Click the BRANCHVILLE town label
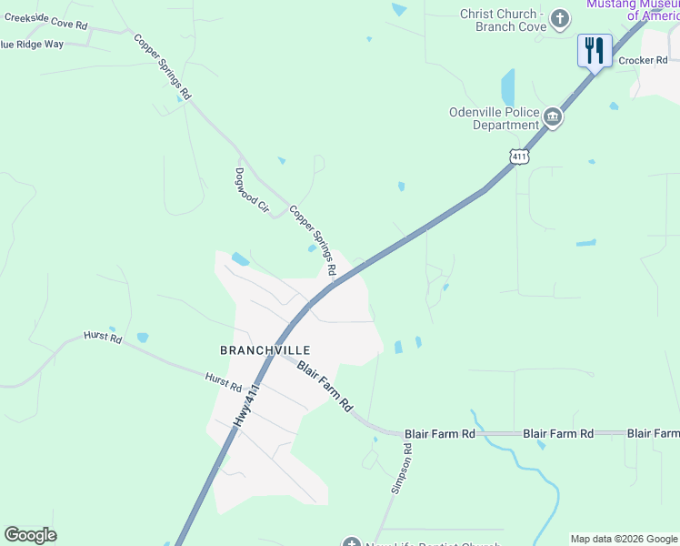265,350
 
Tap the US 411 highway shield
518,156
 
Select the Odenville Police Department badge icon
553,117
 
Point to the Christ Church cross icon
561,18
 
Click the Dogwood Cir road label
253,190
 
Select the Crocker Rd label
643,61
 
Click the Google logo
30,535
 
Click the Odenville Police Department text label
494,119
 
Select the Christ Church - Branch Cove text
503,20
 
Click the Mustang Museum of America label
633,9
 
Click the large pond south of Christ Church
507,88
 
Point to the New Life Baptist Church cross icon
351,543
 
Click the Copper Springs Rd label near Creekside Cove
163,66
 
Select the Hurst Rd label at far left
102,338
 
